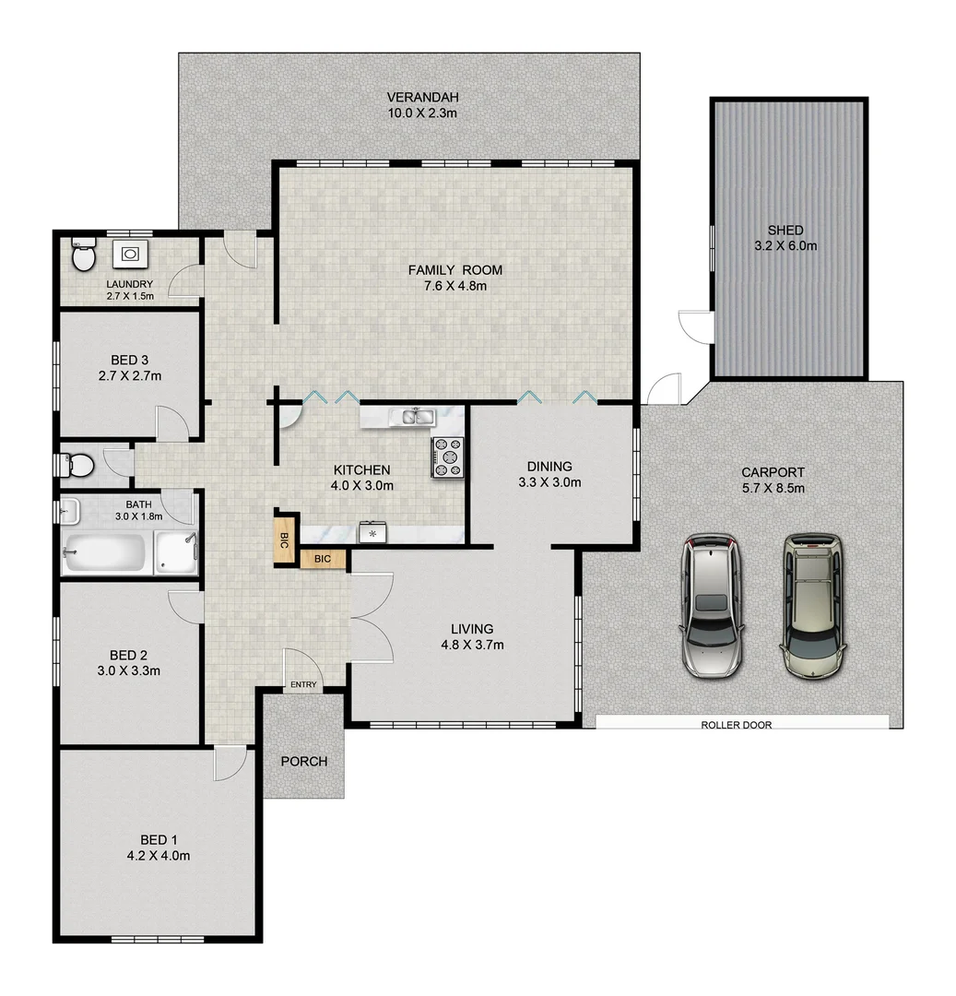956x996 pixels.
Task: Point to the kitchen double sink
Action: (412, 418)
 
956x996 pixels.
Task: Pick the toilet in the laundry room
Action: (83, 256)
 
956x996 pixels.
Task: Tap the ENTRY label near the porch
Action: (303, 684)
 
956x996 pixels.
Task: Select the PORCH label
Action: (303, 761)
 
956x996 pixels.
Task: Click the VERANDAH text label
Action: (422, 97)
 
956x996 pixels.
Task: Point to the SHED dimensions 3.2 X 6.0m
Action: (785, 245)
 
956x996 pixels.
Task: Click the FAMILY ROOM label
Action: (455, 270)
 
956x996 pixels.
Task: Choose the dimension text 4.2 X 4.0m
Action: (159, 855)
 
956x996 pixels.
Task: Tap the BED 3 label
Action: (130, 360)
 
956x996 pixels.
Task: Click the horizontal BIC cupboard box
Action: (323, 559)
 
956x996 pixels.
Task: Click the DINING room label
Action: (549, 466)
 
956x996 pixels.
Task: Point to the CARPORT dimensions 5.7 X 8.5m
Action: (773, 488)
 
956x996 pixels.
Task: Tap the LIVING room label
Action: (472, 629)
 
